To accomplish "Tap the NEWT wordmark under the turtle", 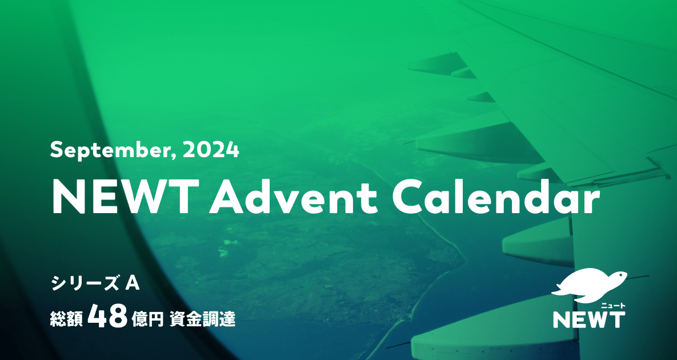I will point(588,319).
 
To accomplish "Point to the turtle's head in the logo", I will point(619,276).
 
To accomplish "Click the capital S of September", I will point(56,151).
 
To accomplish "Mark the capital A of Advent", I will point(228,198).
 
